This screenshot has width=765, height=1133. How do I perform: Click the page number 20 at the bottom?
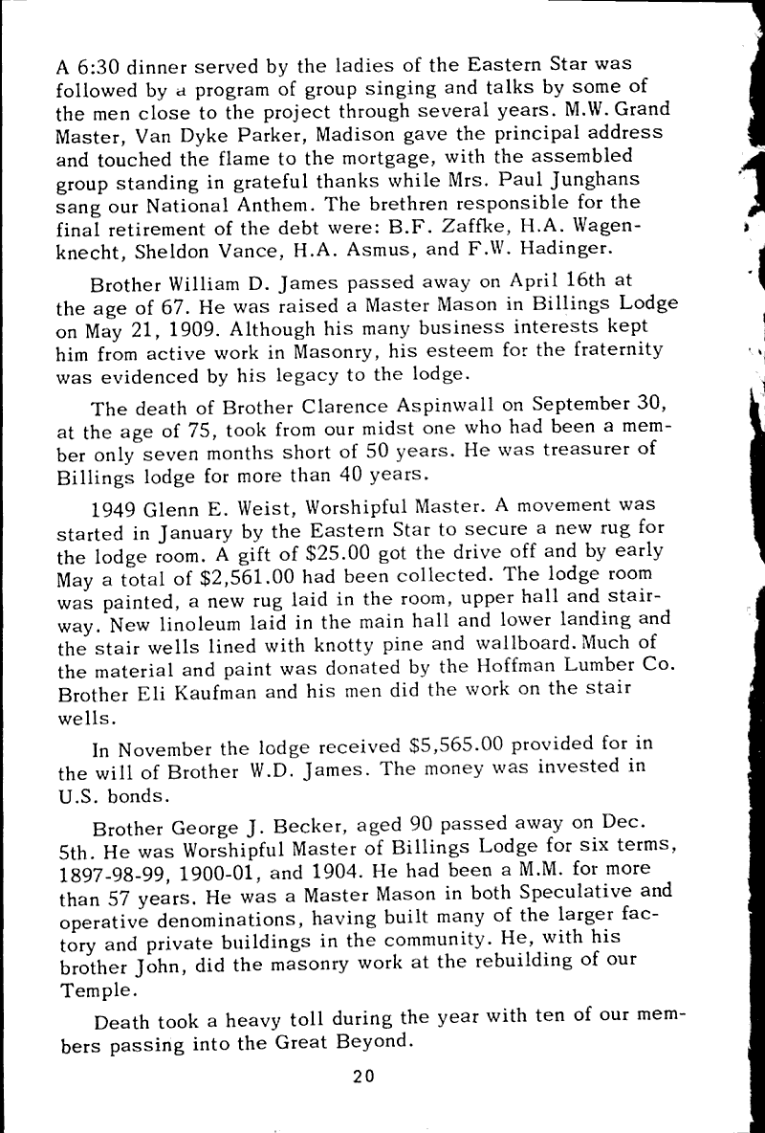362,1075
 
